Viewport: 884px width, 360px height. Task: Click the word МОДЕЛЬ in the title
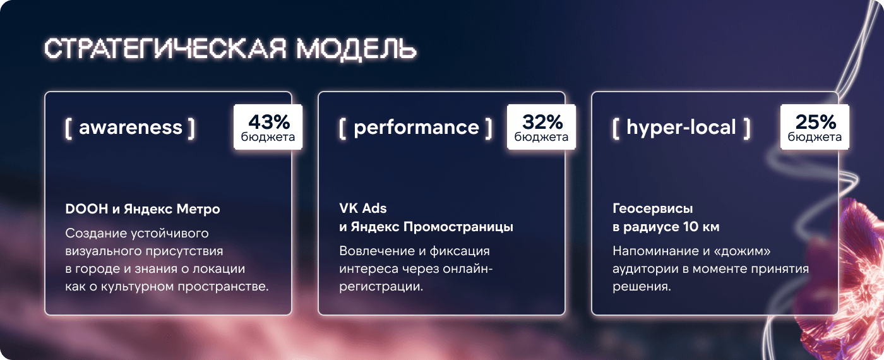[x=356, y=49]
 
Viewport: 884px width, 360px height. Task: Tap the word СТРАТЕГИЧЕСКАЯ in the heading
[x=165, y=49]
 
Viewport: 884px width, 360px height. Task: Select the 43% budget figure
[x=269, y=121]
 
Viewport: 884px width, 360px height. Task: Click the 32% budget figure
[x=542, y=121]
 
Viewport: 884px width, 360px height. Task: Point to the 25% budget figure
[x=816, y=121]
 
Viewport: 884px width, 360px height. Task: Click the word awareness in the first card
[x=131, y=127]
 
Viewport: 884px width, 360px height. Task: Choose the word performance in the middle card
[x=416, y=128]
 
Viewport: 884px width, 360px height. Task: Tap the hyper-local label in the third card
[x=681, y=128]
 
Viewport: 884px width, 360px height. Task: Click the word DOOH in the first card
[x=87, y=209]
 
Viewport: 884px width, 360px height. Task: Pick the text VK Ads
[x=363, y=208]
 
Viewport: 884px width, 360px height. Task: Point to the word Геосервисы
[x=653, y=208]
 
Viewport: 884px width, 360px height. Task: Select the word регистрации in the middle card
[x=381, y=287]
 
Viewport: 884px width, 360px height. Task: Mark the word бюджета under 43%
[x=268, y=137]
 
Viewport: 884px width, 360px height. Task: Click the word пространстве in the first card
[x=223, y=287]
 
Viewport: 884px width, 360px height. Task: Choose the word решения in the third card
[x=642, y=287]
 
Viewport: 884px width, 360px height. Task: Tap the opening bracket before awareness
[x=68, y=128]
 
